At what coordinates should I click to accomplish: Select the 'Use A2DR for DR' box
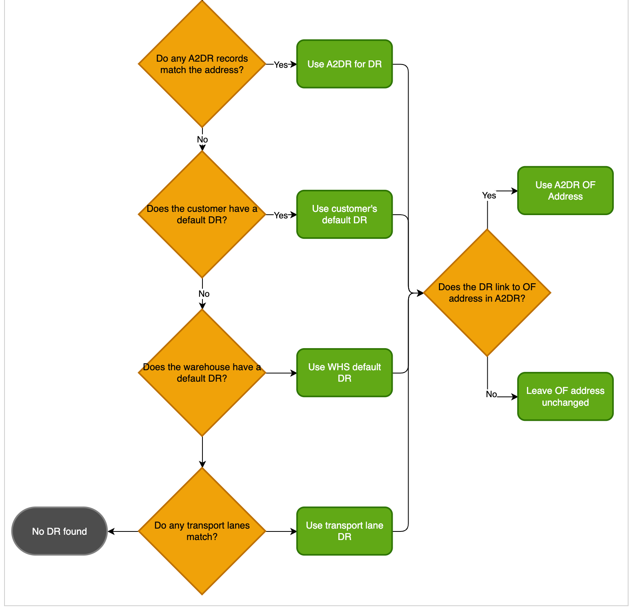tap(344, 64)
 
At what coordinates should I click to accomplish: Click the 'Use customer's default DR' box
tap(344, 214)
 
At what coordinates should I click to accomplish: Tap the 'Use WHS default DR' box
tap(344, 373)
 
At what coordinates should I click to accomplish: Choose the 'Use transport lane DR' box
tap(344, 531)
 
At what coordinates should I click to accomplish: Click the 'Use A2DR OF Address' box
tap(565, 191)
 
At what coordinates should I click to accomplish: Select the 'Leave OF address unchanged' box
tap(565, 396)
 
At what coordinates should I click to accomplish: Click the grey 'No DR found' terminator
tap(60, 531)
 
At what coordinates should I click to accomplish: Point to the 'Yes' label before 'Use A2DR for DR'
tap(280, 65)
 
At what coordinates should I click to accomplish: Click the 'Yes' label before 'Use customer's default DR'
tap(280, 215)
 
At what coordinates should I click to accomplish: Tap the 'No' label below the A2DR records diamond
tap(202, 140)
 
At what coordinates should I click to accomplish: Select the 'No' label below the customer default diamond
tap(204, 294)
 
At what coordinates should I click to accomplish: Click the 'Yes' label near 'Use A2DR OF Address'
tap(489, 196)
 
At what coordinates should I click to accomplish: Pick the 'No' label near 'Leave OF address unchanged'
tap(491, 394)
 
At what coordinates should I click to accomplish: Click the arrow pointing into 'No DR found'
tap(122, 531)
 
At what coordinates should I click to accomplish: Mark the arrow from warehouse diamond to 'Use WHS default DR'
tap(282, 373)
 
